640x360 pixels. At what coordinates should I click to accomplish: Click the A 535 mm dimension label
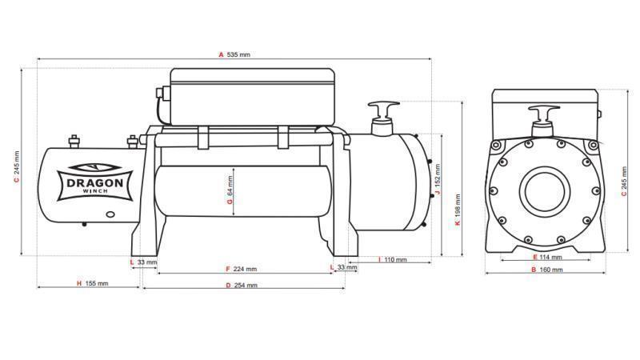coord(234,54)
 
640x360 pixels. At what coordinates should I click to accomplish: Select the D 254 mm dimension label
coord(242,285)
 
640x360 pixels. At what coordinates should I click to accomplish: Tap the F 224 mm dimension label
coord(242,269)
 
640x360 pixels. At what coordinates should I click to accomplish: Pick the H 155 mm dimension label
coord(91,283)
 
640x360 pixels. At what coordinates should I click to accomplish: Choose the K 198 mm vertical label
coord(457,211)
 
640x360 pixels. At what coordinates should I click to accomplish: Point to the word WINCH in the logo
coord(94,193)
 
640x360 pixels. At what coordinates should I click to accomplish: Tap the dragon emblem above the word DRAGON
coord(94,168)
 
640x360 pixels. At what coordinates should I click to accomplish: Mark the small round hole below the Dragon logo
coord(110,214)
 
